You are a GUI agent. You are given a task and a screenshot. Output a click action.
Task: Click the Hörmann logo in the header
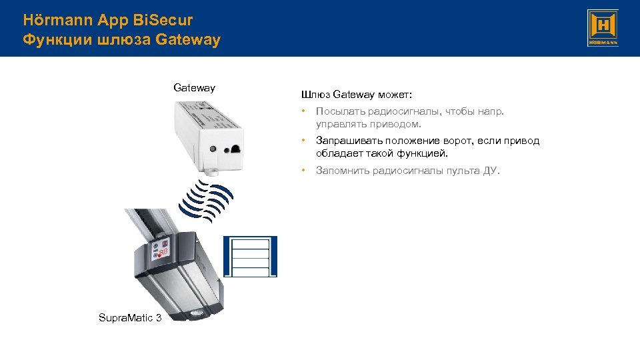tap(603, 28)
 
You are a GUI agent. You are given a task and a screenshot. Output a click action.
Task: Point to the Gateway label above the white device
tap(194, 87)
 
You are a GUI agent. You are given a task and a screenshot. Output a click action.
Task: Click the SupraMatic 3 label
tap(130, 317)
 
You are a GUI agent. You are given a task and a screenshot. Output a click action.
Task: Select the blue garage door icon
tap(250, 257)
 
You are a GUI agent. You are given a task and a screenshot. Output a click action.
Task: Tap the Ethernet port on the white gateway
tap(236, 150)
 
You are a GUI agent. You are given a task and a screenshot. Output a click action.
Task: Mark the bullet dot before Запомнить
tap(303, 171)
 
